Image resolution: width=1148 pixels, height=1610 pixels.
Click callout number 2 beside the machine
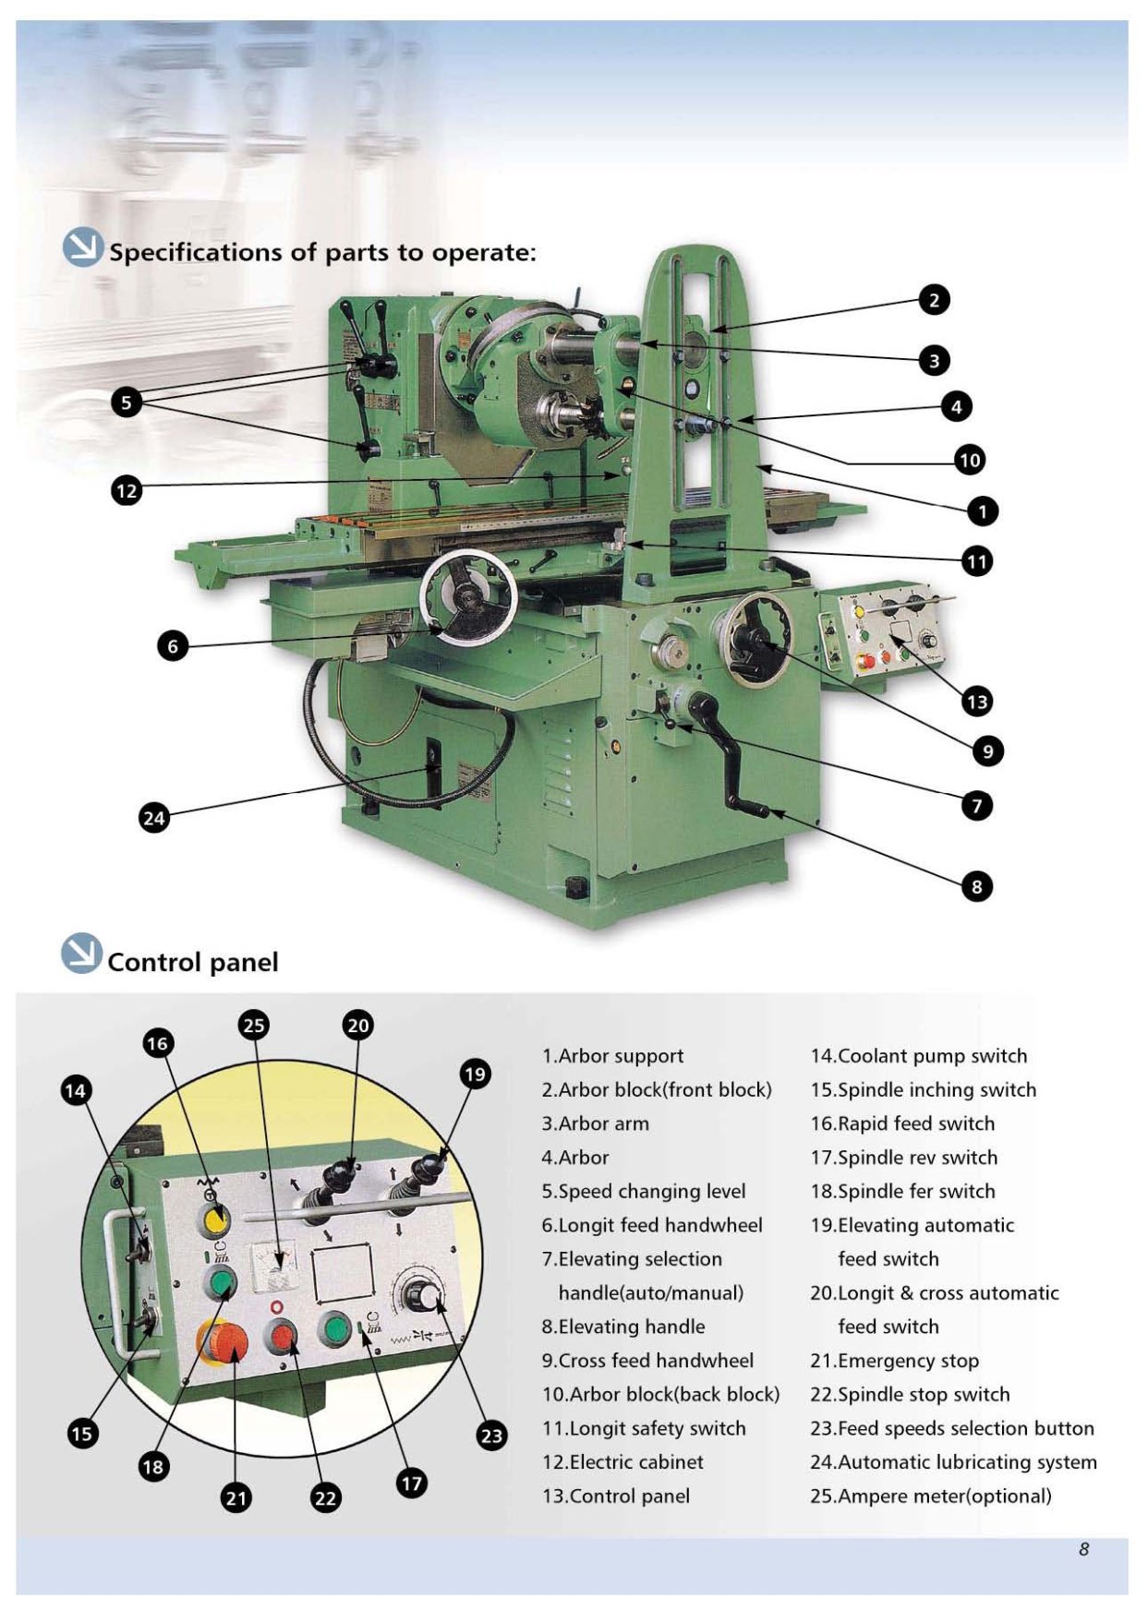[934, 300]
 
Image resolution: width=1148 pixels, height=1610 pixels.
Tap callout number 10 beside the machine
[969, 460]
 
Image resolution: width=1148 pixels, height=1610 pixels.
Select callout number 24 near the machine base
[153, 818]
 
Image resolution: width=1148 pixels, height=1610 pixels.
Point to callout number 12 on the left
[127, 490]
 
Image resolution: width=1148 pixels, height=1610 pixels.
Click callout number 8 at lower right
[976, 887]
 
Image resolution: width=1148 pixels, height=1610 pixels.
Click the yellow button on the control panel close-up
[215, 1220]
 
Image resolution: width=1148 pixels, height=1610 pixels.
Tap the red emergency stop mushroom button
[223, 1343]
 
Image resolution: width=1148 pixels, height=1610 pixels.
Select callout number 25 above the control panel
[253, 1025]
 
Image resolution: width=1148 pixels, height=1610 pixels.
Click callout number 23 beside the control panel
[491, 1436]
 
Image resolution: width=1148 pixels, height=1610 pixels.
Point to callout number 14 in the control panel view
[75, 1090]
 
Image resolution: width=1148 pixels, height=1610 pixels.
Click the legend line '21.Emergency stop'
[894, 1361]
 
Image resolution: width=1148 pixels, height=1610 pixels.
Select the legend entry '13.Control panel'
[615, 1496]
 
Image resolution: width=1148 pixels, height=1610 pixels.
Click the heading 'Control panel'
[192, 963]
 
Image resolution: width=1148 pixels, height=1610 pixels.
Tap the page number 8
[1083, 1549]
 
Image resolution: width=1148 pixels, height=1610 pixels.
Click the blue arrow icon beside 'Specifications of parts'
[82, 247]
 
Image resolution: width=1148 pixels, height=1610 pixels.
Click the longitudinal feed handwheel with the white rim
[467, 597]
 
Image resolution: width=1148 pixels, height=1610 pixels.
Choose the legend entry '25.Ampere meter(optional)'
[930, 1496]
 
